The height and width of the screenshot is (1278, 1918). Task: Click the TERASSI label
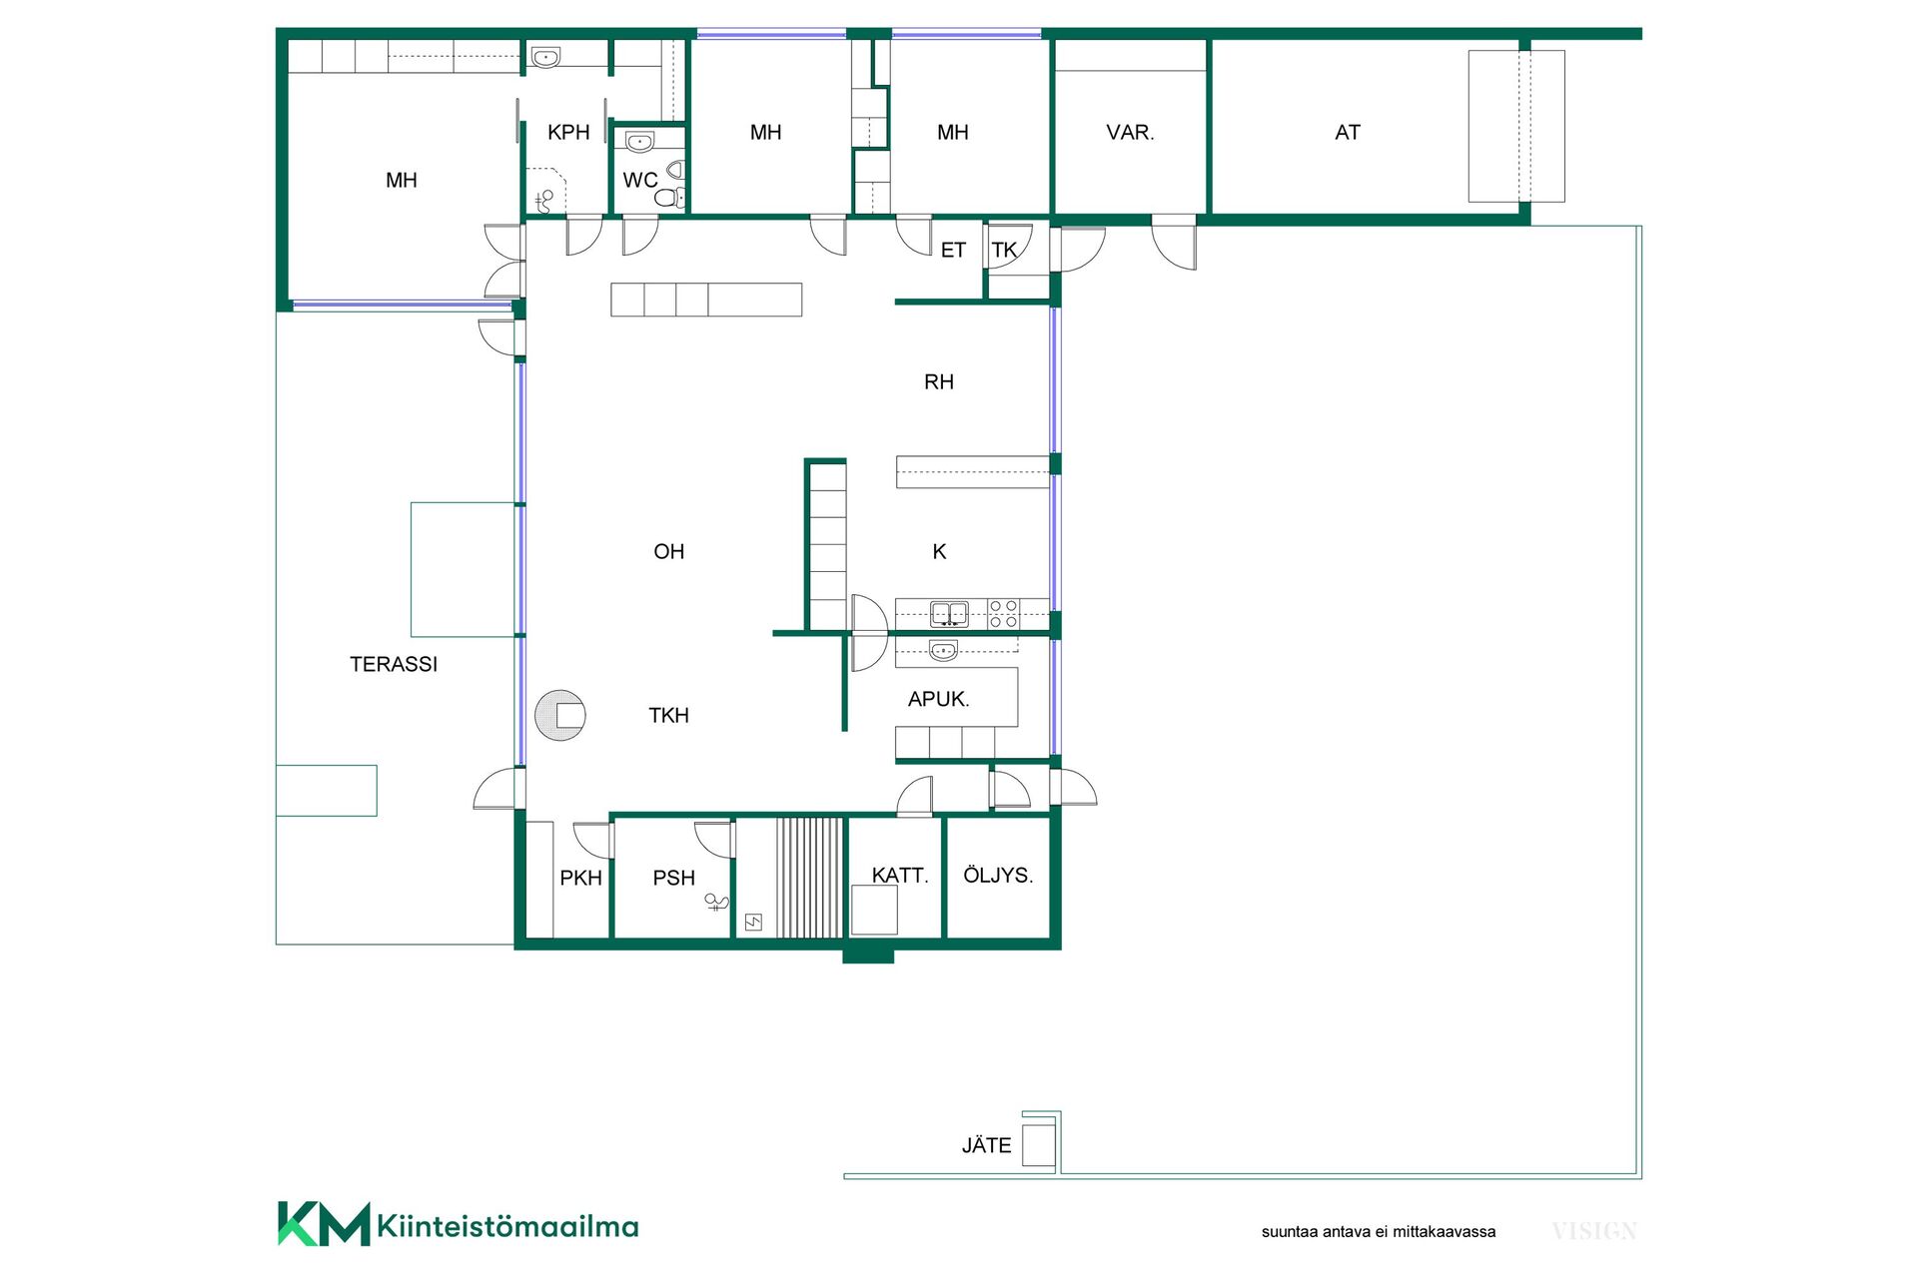pos(394,664)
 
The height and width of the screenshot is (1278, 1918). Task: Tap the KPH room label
pos(568,132)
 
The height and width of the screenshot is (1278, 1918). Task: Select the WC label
pos(640,180)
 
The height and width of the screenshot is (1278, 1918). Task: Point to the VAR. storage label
pos(1130,132)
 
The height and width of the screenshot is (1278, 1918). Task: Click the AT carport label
pos(1348,132)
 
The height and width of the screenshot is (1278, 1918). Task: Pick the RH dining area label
pos(939,381)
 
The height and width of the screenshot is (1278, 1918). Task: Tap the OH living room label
pos(669,551)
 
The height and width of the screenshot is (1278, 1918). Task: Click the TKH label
pos(668,715)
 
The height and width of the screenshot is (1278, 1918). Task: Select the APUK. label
pos(939,699)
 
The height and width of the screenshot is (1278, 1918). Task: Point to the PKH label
pos(580,878)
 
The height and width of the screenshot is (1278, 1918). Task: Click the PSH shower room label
pos(673,878)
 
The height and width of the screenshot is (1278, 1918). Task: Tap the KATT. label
pos(900,876)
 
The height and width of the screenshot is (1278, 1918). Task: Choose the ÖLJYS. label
pos(998,875)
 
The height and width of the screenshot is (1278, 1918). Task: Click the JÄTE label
pos(987,1145)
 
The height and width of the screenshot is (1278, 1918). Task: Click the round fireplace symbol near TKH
pos(560,715)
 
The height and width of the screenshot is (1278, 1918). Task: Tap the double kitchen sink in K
pos(949,614)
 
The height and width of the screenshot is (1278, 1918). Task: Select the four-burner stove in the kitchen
pos(1003,614)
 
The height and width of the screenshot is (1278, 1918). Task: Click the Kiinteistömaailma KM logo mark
pos(324,1224)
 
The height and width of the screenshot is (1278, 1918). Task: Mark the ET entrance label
pos(953,250)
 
